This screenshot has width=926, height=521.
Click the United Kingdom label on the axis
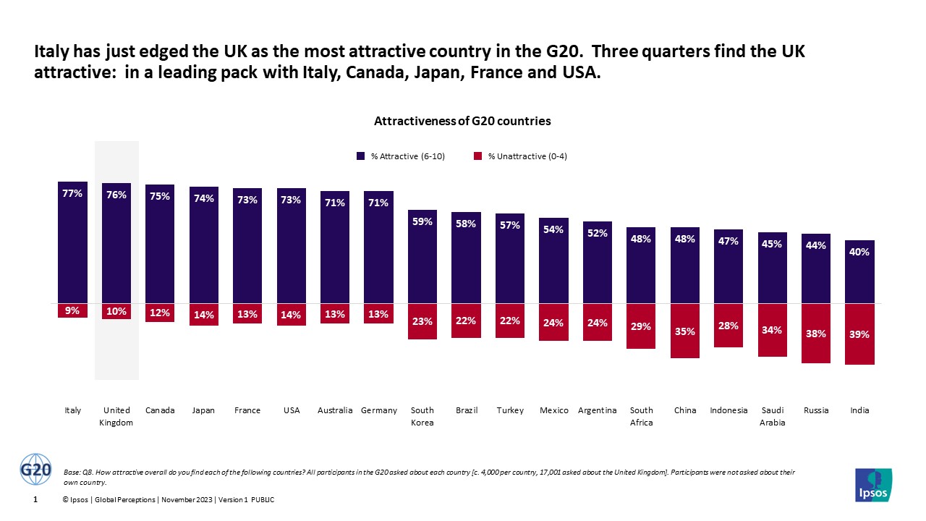[116, 416]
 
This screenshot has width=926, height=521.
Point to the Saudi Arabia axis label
[772, 416]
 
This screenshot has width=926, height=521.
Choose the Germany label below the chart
[379, 410]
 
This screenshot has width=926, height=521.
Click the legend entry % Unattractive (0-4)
[521, 156]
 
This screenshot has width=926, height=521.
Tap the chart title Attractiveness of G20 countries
[462, 122]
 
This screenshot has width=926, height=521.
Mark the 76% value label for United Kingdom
[116, 195]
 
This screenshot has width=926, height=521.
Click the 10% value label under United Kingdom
[116, 311]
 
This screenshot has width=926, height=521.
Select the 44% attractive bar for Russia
[816, 268]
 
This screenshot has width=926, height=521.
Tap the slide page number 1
[36, 500]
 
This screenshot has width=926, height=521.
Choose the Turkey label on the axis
[510, 410]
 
